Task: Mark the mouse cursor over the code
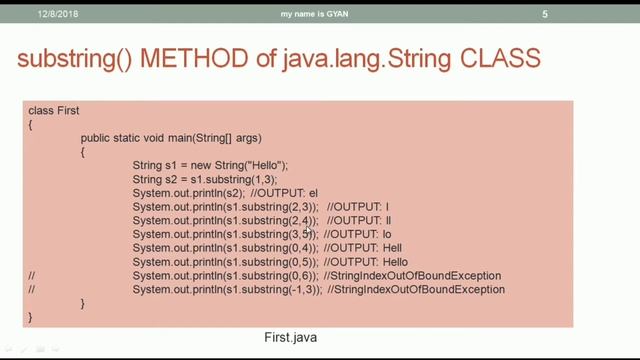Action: click(310, 230)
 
